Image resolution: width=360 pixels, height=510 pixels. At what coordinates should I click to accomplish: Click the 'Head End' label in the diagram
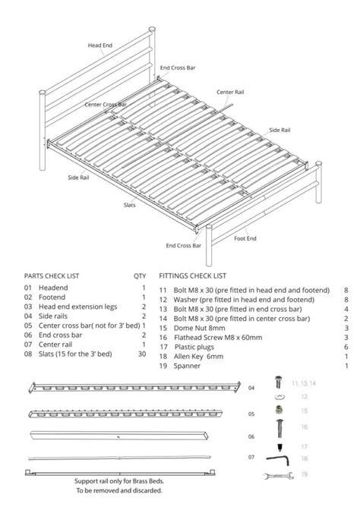pos(100,45)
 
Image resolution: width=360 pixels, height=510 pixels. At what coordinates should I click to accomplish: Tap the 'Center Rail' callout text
pos(229,91)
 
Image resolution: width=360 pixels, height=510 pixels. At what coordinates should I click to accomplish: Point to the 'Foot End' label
pos(245,238)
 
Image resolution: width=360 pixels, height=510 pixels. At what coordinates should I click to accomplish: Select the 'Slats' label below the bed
pos(130,205)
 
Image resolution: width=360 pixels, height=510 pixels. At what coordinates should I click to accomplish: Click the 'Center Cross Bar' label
pos(106,104)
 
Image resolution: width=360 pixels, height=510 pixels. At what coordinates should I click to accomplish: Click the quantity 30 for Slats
pos(142,354)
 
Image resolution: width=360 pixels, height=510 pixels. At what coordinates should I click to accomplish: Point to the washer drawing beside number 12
pos(278,396)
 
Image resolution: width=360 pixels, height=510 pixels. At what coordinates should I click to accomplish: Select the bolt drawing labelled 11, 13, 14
pos(278,382)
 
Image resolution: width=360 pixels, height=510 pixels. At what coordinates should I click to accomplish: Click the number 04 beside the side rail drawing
pos(251,388)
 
